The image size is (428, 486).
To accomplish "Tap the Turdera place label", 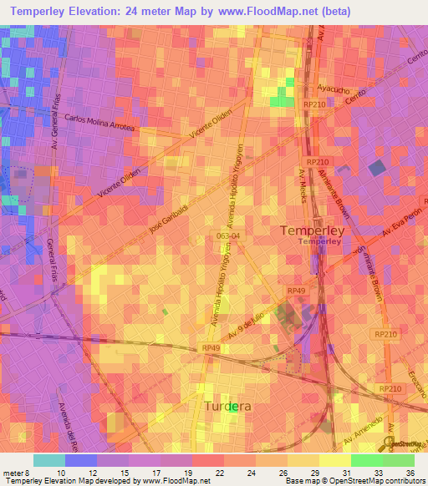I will coord(228,407).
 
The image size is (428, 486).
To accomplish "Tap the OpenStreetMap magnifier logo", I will coord(389,443).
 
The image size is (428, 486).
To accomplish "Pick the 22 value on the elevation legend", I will coord(195,472).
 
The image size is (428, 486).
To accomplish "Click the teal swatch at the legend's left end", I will coord(49,460).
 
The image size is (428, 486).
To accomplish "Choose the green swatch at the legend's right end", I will coord(399,460).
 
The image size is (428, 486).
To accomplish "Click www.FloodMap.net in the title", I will coord(265,12).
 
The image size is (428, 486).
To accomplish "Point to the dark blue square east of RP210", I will coord(377,168).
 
